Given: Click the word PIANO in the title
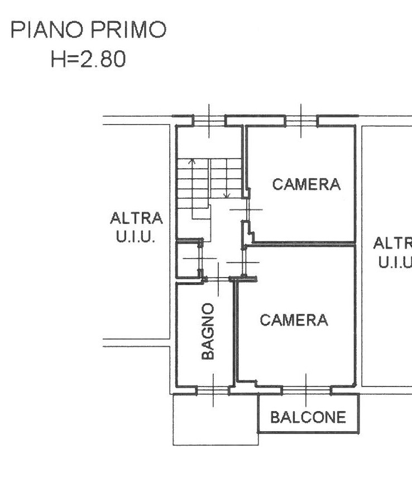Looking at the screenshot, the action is [x=47, y=30].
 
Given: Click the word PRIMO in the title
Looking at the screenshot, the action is [x=128, y=30].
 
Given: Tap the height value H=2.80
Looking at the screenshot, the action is [x=88, y=59].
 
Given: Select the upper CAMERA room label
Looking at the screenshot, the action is [x=306, y=184].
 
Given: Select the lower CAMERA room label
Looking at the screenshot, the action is [x=294, y=320].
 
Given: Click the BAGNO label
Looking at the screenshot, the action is [x=208, y=331].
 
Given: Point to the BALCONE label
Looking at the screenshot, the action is [x=308, y=417].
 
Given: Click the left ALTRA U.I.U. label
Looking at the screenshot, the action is [x=136, y=227].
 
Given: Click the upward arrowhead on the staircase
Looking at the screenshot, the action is [x=193, y=161].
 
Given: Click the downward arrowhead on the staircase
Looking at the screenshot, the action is [x=227, y=195].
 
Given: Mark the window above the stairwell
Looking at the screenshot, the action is [x=209, y=121].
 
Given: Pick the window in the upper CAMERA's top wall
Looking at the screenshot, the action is [x=301, y=121].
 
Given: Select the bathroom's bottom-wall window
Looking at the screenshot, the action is [x=213, y=390].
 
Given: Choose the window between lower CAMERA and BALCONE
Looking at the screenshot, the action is [x=306, y=390].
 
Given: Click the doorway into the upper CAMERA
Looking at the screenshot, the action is [x=247, y=209].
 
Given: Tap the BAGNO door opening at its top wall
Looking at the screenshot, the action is [x=218, y=279].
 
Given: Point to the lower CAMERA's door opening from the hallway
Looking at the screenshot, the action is [x=243, y=262].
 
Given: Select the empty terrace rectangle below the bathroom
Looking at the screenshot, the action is [x=215, y=420].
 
